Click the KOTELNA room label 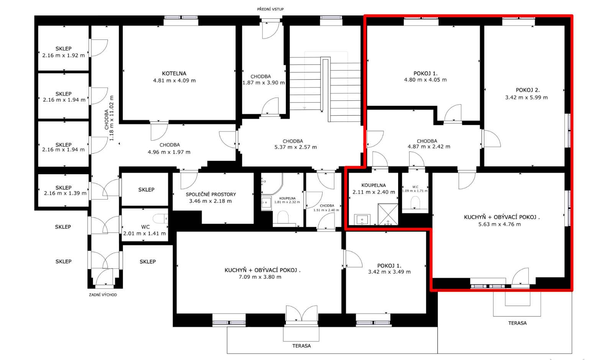click(174, 73)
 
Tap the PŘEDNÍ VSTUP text click(270, 9)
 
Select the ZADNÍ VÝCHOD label click(103, 295)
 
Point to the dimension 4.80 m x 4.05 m click(425, 80)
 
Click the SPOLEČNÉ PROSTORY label click(211, 195)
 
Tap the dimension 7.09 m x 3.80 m click(260, 277)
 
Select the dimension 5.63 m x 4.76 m click(500, 224)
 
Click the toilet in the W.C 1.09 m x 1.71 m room click(415, 203)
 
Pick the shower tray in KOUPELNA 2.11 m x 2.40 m click(388, 214)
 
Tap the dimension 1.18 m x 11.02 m click(111, 118)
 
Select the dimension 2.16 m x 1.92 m click(64, 56)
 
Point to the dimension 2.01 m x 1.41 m click(144, 234)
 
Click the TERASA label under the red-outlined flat click(518, 323)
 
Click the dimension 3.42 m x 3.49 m click(389, 272)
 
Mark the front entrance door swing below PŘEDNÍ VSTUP click(271, 30)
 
